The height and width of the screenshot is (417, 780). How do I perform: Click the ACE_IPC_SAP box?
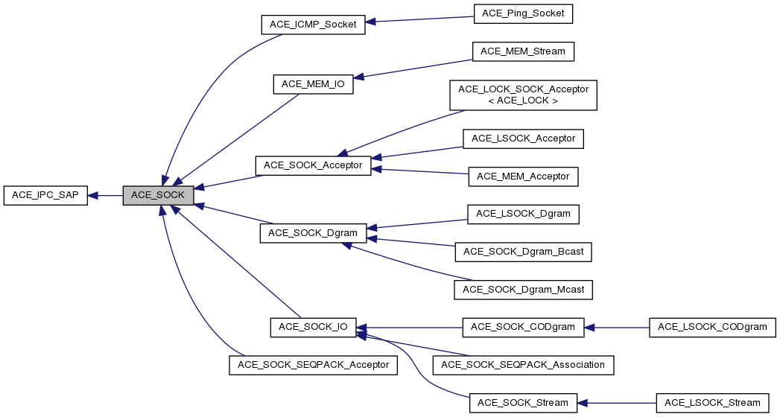pos(45,196)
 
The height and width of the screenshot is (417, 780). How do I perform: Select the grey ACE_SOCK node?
pos(158,196)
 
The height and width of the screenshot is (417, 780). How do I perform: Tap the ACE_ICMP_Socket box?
pos(313,25)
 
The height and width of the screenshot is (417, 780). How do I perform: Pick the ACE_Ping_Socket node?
pos(522,13)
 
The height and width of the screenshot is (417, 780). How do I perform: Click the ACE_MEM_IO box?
pos(312,84)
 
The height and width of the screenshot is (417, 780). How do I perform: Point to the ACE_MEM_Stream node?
pos(522,51)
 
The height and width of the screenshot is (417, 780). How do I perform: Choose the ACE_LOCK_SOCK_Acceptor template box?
pos(523,95)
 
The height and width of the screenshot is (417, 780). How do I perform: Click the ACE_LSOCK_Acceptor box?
pos(523,139)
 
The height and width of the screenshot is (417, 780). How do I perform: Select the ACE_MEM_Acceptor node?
pos(523,176)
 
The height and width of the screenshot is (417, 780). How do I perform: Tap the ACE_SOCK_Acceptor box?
pos(313,165)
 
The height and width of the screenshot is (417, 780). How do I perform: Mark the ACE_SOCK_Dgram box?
pos(313,233)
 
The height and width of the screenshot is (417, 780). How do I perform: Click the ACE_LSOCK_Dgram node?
pos(523,214)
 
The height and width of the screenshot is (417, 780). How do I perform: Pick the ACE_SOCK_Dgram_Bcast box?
pos(523,252)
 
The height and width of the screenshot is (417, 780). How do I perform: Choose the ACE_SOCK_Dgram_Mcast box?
pos(523,289)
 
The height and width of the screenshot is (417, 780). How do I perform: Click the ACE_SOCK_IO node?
pos(313,327)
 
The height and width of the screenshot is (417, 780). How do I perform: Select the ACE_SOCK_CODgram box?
pos(522,327)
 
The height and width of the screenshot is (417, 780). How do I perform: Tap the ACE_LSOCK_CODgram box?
pos(712,327)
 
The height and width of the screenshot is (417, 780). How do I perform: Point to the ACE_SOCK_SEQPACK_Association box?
pos(523,365)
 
